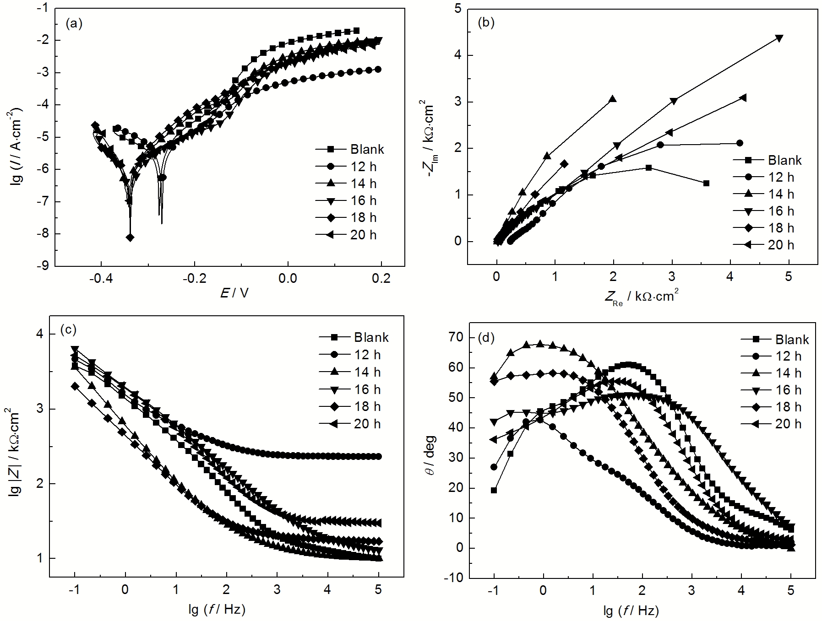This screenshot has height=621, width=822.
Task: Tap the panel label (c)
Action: tap(69, 329)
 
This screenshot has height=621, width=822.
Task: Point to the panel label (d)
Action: tap(486, 338)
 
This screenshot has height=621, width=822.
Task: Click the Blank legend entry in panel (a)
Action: tap(367, 149)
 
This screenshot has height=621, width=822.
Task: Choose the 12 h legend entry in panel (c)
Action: tap(367, 355)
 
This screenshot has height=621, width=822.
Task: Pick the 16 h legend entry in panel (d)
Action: tap(788, 390)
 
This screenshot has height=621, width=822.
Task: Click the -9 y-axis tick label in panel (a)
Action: tap(43, 266)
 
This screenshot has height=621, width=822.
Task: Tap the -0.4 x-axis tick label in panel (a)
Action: tap(101, 279)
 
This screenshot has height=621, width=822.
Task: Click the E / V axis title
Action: tap(234, 293)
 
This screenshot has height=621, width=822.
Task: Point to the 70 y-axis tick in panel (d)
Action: tap(458, 338)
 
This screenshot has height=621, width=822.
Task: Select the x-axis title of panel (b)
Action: tap(641, 297)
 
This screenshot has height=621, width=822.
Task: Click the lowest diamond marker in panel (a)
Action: tap(130, 238)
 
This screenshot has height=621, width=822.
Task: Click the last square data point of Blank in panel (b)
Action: tap(706, 183)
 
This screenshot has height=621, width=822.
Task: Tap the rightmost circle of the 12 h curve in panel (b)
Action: tap(740, 143)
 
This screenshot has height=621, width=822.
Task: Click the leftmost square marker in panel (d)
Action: tap(494, 490)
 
